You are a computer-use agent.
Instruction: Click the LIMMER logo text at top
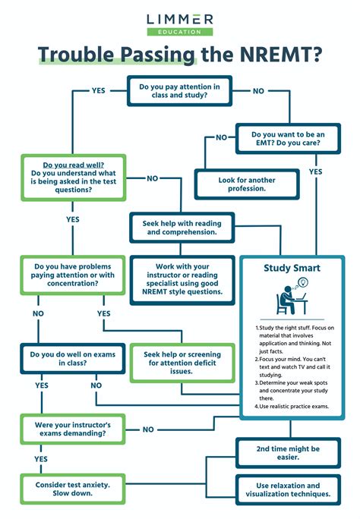[x=180, y=18]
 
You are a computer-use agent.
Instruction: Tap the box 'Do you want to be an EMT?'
[x=288, y=138]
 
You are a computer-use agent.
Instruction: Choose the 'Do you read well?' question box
[x=73, y=178]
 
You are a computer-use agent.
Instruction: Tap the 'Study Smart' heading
[x=292, y=269]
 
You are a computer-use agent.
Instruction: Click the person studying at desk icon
[x=292, y=298]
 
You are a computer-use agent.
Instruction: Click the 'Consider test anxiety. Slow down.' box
[x=73, y=489]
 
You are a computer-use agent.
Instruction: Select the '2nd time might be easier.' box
[x=287, y=452]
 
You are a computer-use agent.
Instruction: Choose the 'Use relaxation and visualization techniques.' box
[x=287, y=489]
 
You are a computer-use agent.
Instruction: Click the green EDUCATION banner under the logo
[x=180, y=32]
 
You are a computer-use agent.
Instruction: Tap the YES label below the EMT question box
[x=315, y=172]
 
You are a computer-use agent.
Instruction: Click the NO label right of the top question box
[x=258, y=90]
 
